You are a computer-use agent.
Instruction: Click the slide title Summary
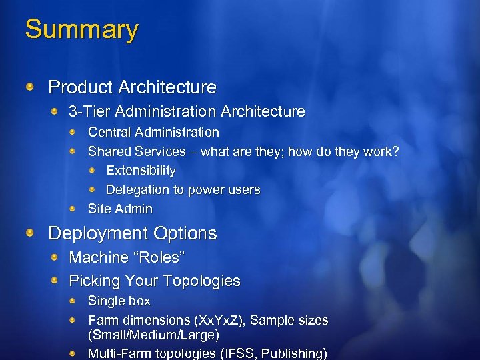pos(81,30)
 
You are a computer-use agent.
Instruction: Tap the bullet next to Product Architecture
pos(31,87)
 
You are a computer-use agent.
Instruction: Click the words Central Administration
pos(153,133)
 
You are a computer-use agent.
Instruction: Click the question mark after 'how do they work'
pos(395,152)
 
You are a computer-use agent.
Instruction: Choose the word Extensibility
pos(141,171)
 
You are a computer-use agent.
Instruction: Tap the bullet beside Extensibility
pos(93,171)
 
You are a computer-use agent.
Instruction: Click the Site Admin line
pos(120,209)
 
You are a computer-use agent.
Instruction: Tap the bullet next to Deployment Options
pos(31,233)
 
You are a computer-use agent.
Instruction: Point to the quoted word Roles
pos(160,257)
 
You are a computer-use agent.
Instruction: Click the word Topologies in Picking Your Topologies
pos(201,281)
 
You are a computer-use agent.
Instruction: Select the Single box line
pos(119,301)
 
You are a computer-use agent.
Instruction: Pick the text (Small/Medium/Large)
pos(153,335)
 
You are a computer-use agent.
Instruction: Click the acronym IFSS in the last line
pos(254,353)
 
